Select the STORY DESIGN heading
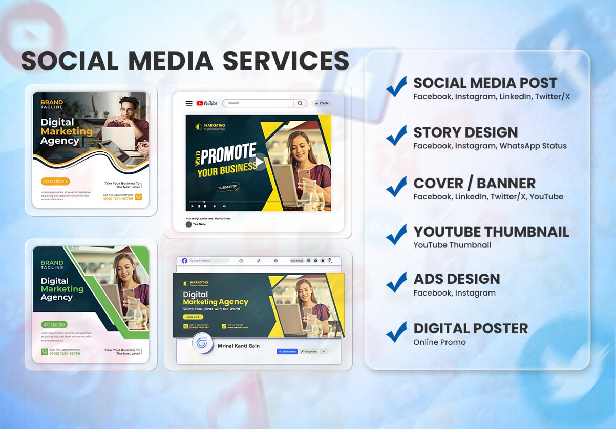tap(465, 132)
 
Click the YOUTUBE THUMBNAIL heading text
tap(491, 232)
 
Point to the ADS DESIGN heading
tap(457, 279)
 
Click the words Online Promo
tap(439, 342)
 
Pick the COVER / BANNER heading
tap(474, 183)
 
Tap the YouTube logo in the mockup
tap(206, 103)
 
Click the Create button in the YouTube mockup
tap(322, 103)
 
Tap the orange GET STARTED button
tap(55, 181)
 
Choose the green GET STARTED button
tap(54, 325)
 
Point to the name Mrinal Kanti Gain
tap(238, 346)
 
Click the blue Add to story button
tap(287, 351)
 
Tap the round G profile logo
tap(202, 344)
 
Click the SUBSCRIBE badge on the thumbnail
tap(228, 187)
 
